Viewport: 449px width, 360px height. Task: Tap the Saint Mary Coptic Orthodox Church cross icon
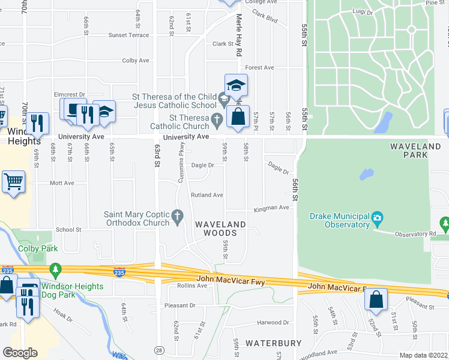tap(177, 215)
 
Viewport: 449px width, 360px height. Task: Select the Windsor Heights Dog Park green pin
tap(56, 270)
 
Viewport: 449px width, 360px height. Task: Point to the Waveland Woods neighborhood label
tap(220, 228)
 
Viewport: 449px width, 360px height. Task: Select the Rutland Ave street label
tap(207, 195)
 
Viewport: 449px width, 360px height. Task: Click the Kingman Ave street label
tap(271, 208)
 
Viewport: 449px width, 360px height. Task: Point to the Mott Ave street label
tap(61, 183)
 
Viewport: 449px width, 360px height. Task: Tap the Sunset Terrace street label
tap(128, 35)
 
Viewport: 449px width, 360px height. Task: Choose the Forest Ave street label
tap(259, 68)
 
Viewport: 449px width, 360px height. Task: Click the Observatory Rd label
tap(415, 233)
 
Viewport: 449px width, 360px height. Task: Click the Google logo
tap(20, 353)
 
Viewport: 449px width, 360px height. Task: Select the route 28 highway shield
tap(158, 349)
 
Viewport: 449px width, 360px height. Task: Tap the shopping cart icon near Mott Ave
tap(13, 181)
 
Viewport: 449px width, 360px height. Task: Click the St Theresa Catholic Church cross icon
tap(217, 121)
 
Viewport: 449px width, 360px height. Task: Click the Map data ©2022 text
tap(423, 356)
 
